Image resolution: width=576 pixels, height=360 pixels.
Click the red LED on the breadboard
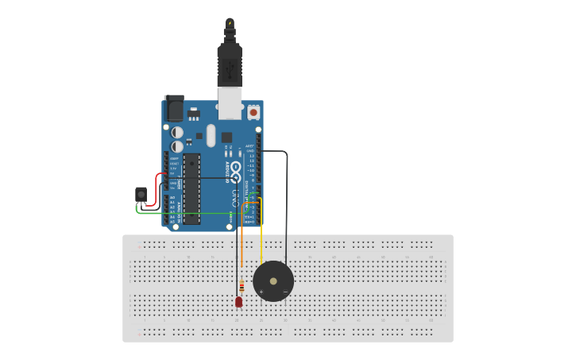click(x=238, y=301)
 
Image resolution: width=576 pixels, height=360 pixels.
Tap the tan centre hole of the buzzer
click(x=273, y=281)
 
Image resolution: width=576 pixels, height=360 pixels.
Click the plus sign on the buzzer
click(x=261, y=292)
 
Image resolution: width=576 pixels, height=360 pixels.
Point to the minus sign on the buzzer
click(x=285, y=292)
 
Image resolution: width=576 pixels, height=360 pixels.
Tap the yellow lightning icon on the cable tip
click(x=230, y=23)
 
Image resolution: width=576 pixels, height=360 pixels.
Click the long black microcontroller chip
click(x=191, y=189)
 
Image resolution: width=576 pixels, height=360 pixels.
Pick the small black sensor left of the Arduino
click(x=141, y=193)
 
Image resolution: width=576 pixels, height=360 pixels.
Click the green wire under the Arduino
click(x=191, y=213)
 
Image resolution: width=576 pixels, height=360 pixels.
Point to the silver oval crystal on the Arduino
click(x=211, y=135)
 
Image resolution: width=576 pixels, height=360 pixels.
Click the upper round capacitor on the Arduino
click(x=177, y=133)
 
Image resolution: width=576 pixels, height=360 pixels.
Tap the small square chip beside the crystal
click(x=226, y=137)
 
